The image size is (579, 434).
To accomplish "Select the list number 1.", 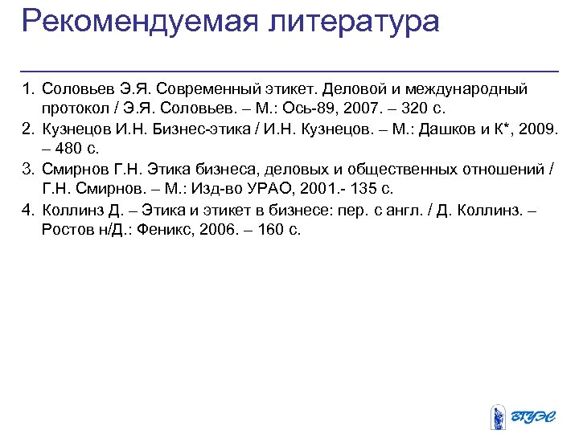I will pyautogui.click(x=27, y=87).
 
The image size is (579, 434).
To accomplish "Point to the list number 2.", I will pyautogui.click(x=27, y=129).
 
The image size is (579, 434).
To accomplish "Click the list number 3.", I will pyautogui.click(x=27, y=169).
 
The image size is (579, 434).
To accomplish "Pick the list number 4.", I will pyautogui.click(x=27, y=210).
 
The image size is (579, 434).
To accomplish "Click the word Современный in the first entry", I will pyautogui.click(x=199, y=87).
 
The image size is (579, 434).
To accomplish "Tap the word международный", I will pyautogui.click(x=467, y=87).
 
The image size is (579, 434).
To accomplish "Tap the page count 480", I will pyautogui.click(x=70, y=149).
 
